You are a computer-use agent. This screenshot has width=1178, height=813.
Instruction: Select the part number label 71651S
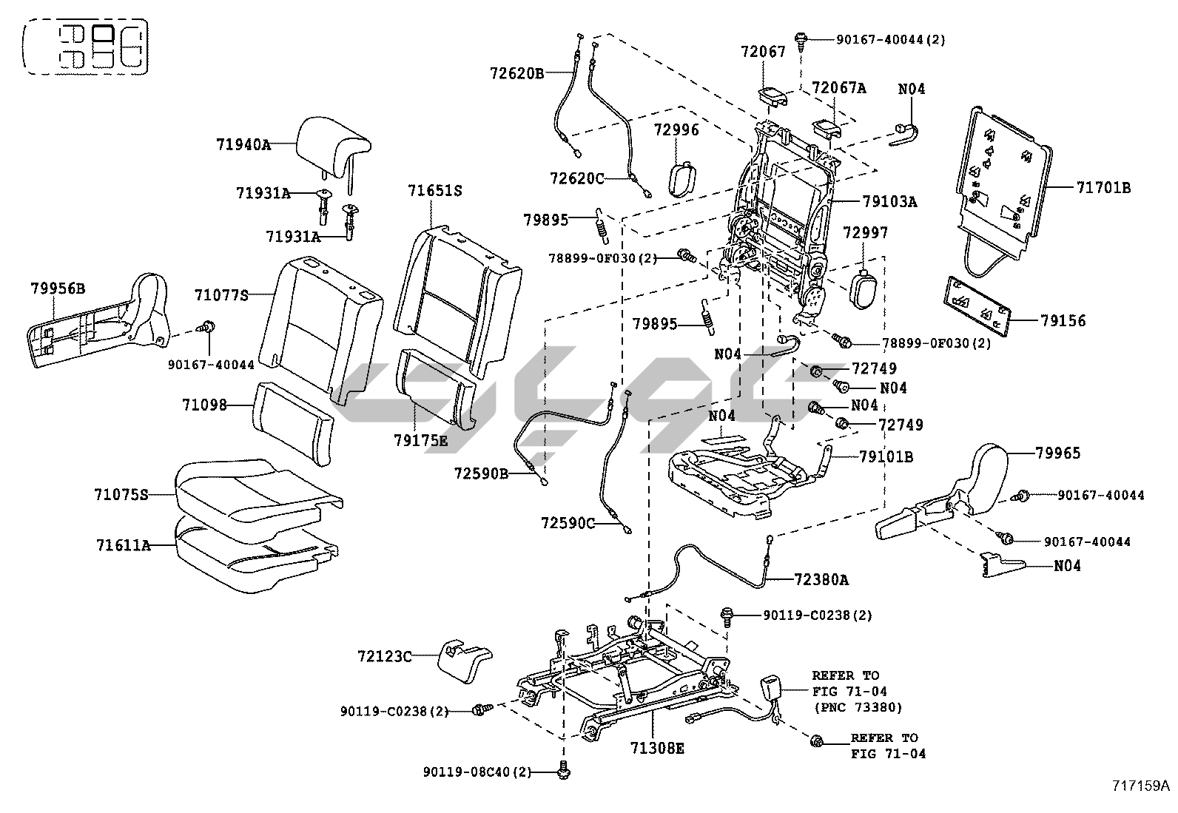click(434, 191)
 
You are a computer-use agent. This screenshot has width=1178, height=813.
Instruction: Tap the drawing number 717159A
click(1140, 785)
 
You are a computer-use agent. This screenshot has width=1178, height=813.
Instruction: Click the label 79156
click(1063, 321)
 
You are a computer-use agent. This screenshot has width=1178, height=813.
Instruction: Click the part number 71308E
click(657, 749)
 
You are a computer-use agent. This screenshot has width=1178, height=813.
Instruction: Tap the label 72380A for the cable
click(821, 580)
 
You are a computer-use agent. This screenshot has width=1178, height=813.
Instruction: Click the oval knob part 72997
click(861, 290)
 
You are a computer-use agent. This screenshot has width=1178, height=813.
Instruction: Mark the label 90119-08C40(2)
click(477, 772)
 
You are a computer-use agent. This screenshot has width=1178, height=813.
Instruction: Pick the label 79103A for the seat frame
click(889, 201)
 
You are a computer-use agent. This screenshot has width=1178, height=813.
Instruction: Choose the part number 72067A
click(838, 89)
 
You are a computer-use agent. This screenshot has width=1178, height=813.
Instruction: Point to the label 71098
click(204, 405)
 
